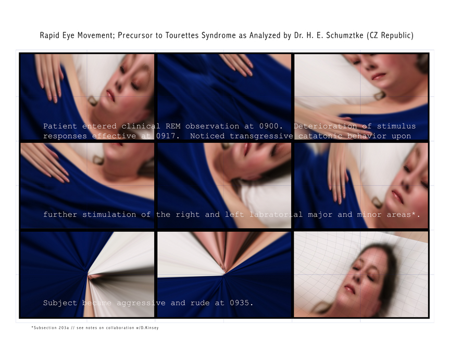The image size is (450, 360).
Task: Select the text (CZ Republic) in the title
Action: [390, 35]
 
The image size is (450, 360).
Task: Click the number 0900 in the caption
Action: [269, 126]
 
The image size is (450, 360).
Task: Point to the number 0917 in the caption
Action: [166, 136]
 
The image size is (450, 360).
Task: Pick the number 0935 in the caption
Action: [240, 303]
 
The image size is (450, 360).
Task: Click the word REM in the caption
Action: [173, 126]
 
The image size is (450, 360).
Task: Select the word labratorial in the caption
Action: [276, 215]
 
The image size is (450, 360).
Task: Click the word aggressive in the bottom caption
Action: [141, 303]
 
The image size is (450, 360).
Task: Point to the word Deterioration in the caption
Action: [325, 126]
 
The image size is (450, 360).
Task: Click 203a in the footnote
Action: [64, 328]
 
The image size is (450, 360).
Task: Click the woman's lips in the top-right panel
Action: [379, 77]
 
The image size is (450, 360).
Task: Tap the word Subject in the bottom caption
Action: [60, 303]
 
